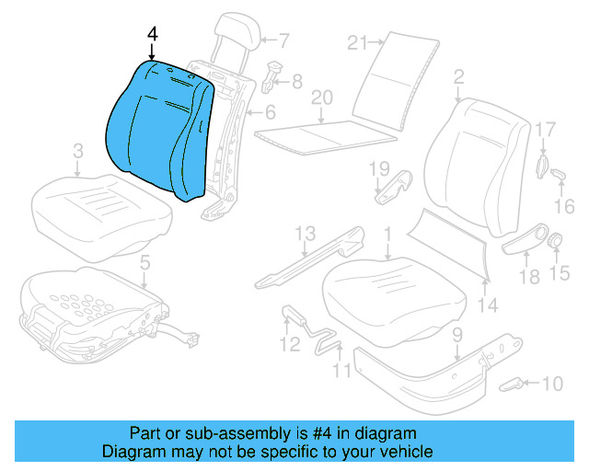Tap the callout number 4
coord(152,34)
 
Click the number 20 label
coord(320,98)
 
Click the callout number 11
coord(341,372)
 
